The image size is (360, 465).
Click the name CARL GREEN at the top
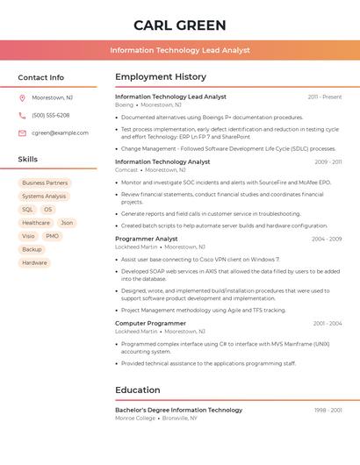[180, 25]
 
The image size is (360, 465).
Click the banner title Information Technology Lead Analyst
[180, 51]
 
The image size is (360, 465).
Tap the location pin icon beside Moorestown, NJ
[22, 98]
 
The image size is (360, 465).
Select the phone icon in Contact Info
[22, 116]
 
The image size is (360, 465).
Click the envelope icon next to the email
[22, 133]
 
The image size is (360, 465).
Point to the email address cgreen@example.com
[60, 133]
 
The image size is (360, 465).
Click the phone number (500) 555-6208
[50, 116]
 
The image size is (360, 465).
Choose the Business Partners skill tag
[45, 183]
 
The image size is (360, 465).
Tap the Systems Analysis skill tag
[44, 197]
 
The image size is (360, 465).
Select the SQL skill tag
[27, 210]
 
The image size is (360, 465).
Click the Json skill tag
[67, 223]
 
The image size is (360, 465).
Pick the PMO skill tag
[52, 236]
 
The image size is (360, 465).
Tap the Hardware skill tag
[34, 262]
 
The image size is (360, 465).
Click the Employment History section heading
[161, 77]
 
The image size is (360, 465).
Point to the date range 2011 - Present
[325, 97]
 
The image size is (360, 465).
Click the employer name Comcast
[126, 169]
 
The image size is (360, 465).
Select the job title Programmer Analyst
[147, 239]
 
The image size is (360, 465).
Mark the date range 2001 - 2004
[328, 324]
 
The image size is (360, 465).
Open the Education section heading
[138, 390]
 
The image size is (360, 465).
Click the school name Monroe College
[135, 418]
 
